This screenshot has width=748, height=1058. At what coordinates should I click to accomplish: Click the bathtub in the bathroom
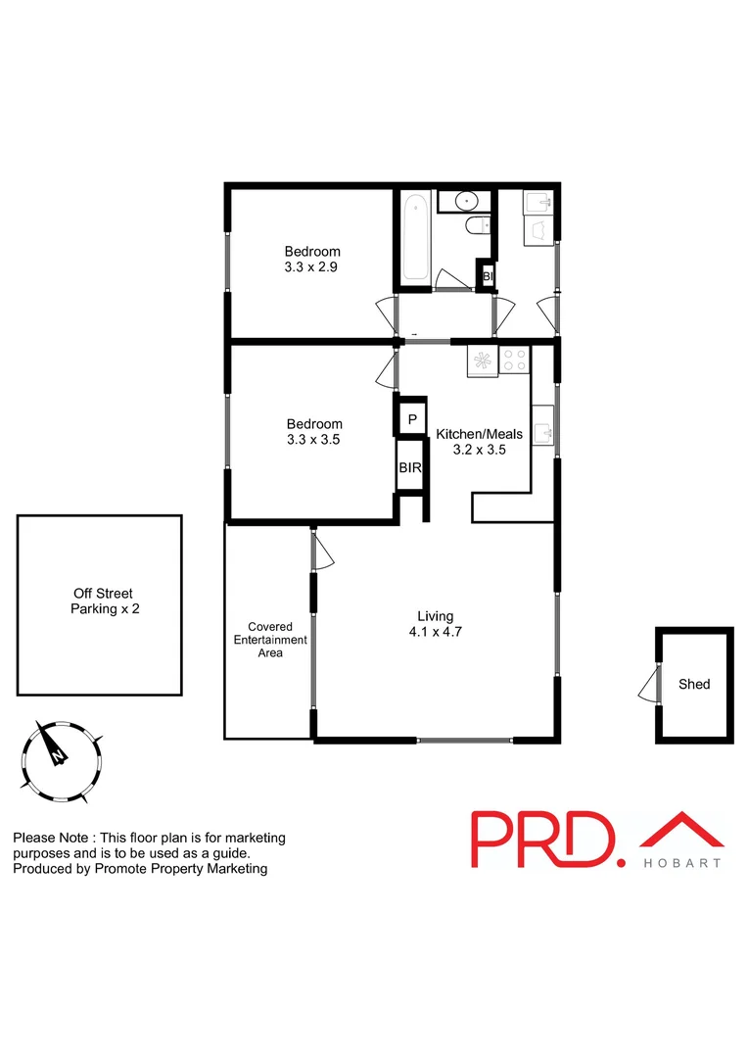coord(415,236)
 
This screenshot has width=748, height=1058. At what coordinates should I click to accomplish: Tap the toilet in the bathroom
coord(477,228)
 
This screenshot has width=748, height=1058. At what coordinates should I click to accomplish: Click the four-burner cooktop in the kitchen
coord(514,360)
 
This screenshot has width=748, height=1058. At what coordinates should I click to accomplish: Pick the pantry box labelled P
coord(412,419)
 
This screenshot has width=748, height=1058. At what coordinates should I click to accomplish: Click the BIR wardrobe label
coord(410,468)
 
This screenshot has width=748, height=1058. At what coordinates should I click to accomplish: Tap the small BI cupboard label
coord(487,277)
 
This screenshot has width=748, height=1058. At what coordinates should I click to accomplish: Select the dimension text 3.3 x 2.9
coord(312,266)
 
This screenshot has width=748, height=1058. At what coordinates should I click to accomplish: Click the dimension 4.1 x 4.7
coord(435,632)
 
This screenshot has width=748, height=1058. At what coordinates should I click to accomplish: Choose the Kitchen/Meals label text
coord(480,434)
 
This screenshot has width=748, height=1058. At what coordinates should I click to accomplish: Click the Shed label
coord(694,685)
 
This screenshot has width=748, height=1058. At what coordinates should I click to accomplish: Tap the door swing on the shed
coord(646,685)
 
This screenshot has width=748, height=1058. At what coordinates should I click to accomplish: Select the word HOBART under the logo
coord(682,863)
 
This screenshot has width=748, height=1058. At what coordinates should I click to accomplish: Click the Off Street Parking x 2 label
coord(102,601)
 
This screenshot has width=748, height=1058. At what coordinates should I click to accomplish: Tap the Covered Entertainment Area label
coord(270,640)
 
